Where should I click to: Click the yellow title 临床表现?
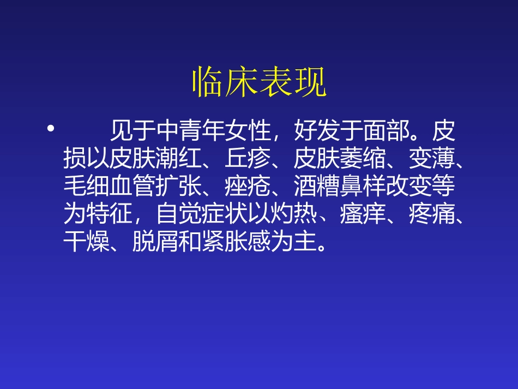coord(259,83)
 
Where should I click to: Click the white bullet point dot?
coord(51,129)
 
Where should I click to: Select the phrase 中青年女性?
coord(213,131)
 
